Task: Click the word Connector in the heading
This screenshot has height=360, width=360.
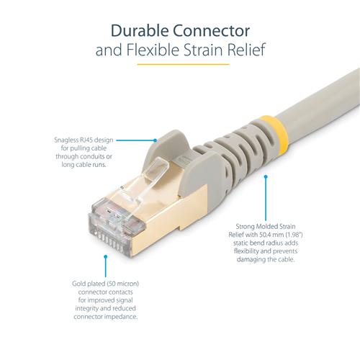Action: coord(214,31)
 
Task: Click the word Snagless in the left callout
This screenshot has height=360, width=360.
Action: coord(66,140)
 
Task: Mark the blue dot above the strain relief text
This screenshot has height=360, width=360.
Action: coord(266,175)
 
